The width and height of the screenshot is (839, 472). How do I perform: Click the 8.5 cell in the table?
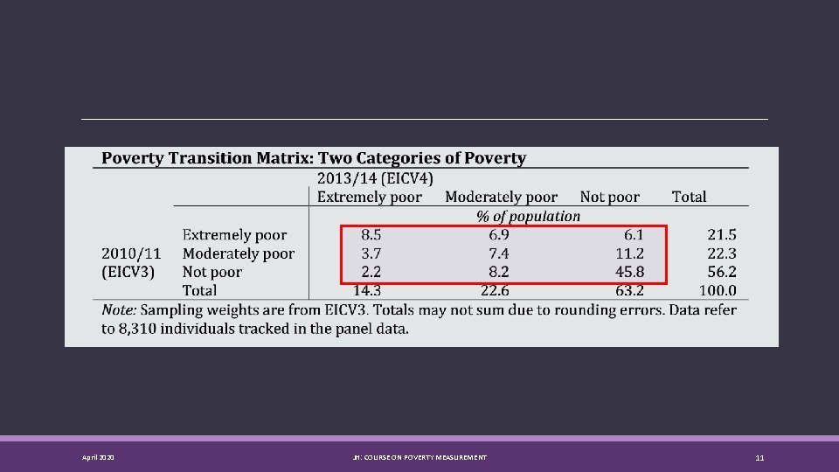coord(371,234)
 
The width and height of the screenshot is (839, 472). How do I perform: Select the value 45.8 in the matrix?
coord(629,272)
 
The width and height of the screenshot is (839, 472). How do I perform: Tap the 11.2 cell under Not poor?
coord(629,253)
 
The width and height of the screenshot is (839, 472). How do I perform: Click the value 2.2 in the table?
coord(371,272)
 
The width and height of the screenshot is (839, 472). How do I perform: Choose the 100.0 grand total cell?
coord(718,290)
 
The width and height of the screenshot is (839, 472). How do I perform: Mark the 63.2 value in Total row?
coord(629,290)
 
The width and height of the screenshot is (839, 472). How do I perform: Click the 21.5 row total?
coord(721,234)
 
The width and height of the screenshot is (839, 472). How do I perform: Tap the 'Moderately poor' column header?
coord(501,198)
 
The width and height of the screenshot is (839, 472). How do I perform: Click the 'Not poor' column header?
coord(610,198)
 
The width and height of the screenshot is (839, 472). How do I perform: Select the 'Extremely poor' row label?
coord(234,234)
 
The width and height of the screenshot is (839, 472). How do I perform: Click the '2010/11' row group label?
coord(131,253)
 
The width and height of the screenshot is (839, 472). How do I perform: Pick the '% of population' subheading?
coord(528,216)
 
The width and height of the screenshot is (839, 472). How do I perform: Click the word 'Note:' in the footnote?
coord(120,310)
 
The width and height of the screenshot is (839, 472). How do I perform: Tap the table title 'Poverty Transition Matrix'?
coord(314,158)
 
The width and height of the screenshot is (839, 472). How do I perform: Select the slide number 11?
coord(759,458)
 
